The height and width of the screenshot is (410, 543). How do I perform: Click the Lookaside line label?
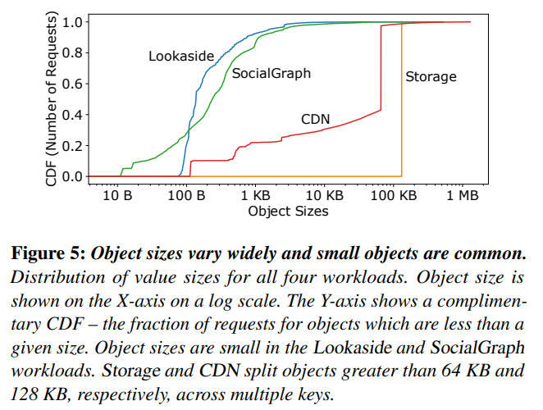(x=181, y=56)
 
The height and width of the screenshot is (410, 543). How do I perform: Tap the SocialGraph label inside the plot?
(x=271, y=74)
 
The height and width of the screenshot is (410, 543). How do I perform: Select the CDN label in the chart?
(x=315, y=120)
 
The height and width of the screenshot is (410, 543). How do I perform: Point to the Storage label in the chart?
(x=431, y=77)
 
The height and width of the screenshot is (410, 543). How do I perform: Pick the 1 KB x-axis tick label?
(x=257, y=196)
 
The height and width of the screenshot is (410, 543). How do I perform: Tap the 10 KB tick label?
(x=324, y=196)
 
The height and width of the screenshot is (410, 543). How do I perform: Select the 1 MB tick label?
(x=463, y=196)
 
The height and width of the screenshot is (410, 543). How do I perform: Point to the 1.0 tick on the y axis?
(x=73, y=22)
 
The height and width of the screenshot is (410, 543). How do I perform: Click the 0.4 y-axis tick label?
(x=73, y=115)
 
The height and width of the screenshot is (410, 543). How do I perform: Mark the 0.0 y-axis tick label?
(x=73, y=176)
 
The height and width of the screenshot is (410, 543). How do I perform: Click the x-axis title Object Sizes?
(x=288, y=212)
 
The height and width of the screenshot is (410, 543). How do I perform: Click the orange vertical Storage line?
(x=402, y=98)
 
